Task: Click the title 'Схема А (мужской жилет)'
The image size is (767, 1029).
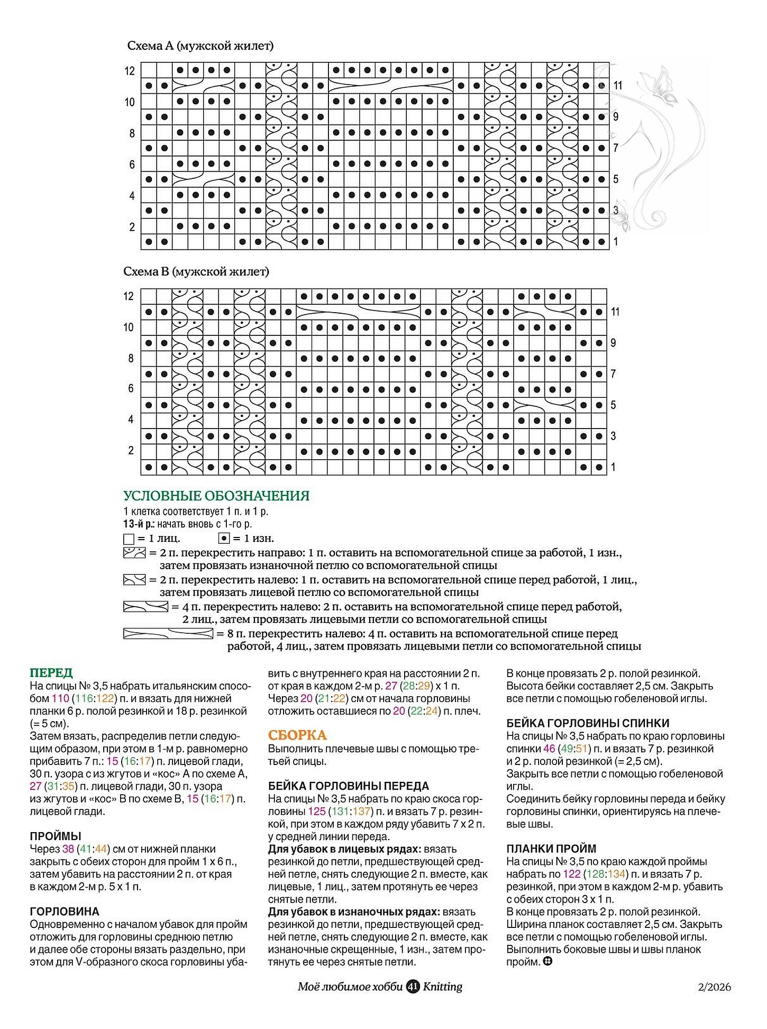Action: coord(200,46)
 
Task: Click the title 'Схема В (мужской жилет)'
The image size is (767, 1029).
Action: coord(196,272)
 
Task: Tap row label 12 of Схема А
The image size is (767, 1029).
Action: coord(130,71)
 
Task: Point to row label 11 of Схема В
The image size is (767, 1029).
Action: coord(615,312)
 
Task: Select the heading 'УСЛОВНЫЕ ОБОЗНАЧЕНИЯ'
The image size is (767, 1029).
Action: coord(216,496)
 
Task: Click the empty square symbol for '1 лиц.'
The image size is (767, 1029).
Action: coord(129,539)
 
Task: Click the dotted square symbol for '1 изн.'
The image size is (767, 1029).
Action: coord(224,539)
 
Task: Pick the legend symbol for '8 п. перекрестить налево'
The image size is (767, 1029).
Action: coord(168,633)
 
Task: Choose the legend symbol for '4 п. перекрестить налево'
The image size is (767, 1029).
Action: coord(145,606)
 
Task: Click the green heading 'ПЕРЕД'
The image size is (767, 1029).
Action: coord(51,673)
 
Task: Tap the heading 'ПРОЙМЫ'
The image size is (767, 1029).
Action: coord(56,836)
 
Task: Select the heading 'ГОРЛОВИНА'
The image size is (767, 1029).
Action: coord(65,912)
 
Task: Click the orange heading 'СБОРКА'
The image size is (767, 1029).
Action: coord(297,735)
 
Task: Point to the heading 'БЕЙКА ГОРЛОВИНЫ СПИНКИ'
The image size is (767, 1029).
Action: coord(588,723)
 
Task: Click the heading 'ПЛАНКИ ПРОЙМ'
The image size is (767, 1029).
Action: coord(551,849)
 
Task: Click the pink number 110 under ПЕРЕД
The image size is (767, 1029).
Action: coord(60,698)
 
